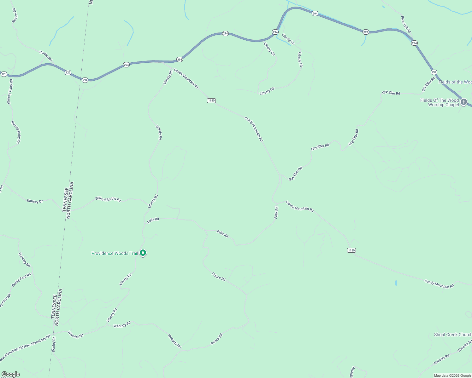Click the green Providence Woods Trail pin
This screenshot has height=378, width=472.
[143, 253]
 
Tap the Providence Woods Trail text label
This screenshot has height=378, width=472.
[115, 253]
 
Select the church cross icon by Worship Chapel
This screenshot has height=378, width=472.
[463, 102]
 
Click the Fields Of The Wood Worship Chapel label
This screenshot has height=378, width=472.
[440, 102]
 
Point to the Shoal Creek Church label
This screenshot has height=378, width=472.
[452, 335]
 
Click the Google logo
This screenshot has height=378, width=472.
[10, 374]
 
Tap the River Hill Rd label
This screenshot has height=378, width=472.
[406, 25]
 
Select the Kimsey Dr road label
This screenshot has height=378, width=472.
[35, 201]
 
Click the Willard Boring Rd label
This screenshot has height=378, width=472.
[108, 199]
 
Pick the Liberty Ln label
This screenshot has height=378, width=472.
[288, 39]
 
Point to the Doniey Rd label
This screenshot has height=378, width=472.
[54, 344]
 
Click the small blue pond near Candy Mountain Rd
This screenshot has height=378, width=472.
[396, 283]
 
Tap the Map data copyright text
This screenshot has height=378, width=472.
[452, 375]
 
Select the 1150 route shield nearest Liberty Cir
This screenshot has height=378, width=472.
[211, 100]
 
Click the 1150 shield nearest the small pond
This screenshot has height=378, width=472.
[351, 250]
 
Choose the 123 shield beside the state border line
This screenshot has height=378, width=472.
[68, 72]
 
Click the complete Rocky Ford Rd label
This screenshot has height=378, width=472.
[21, 280]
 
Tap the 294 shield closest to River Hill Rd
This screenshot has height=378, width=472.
[414, 43]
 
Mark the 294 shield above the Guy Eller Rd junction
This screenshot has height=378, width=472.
[434, 72]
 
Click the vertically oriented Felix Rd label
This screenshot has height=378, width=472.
[276, 213]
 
